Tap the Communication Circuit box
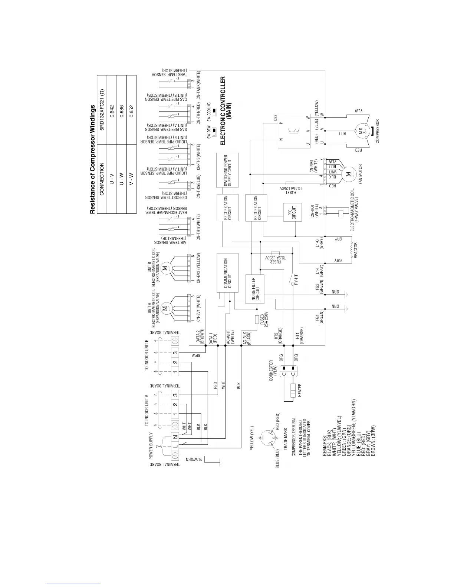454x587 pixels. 227,273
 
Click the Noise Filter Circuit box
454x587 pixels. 255,289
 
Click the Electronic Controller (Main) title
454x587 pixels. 226,110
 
